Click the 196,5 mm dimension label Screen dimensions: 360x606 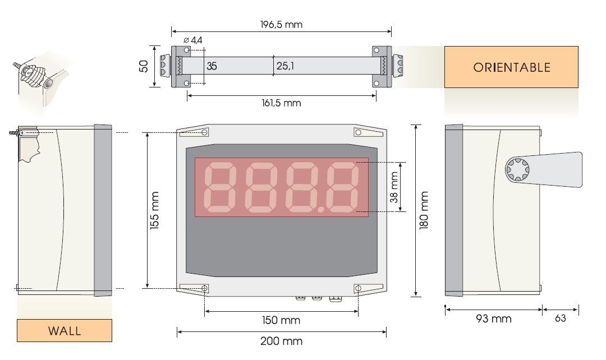click(282, 25)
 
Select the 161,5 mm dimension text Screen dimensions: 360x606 click(281, 103)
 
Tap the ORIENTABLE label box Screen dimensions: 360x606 click(511, 67)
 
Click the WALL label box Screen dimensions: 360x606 click(65, 330)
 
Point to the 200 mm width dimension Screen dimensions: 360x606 click(281, 341)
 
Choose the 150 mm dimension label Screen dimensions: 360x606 click(281, 320)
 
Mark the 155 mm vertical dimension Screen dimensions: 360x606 click(155, 211)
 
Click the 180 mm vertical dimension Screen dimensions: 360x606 click(425, 211)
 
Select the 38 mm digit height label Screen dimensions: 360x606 click(394, 187)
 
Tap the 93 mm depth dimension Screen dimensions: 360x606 click(494, 319)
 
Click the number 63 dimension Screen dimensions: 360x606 click(560, 319)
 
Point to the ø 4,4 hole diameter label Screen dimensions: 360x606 click(193, 40)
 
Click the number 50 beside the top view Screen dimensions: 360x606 click(144, 67)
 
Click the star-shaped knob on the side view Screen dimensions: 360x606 click(516, 170)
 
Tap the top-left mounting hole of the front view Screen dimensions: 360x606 click(204, 133)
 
